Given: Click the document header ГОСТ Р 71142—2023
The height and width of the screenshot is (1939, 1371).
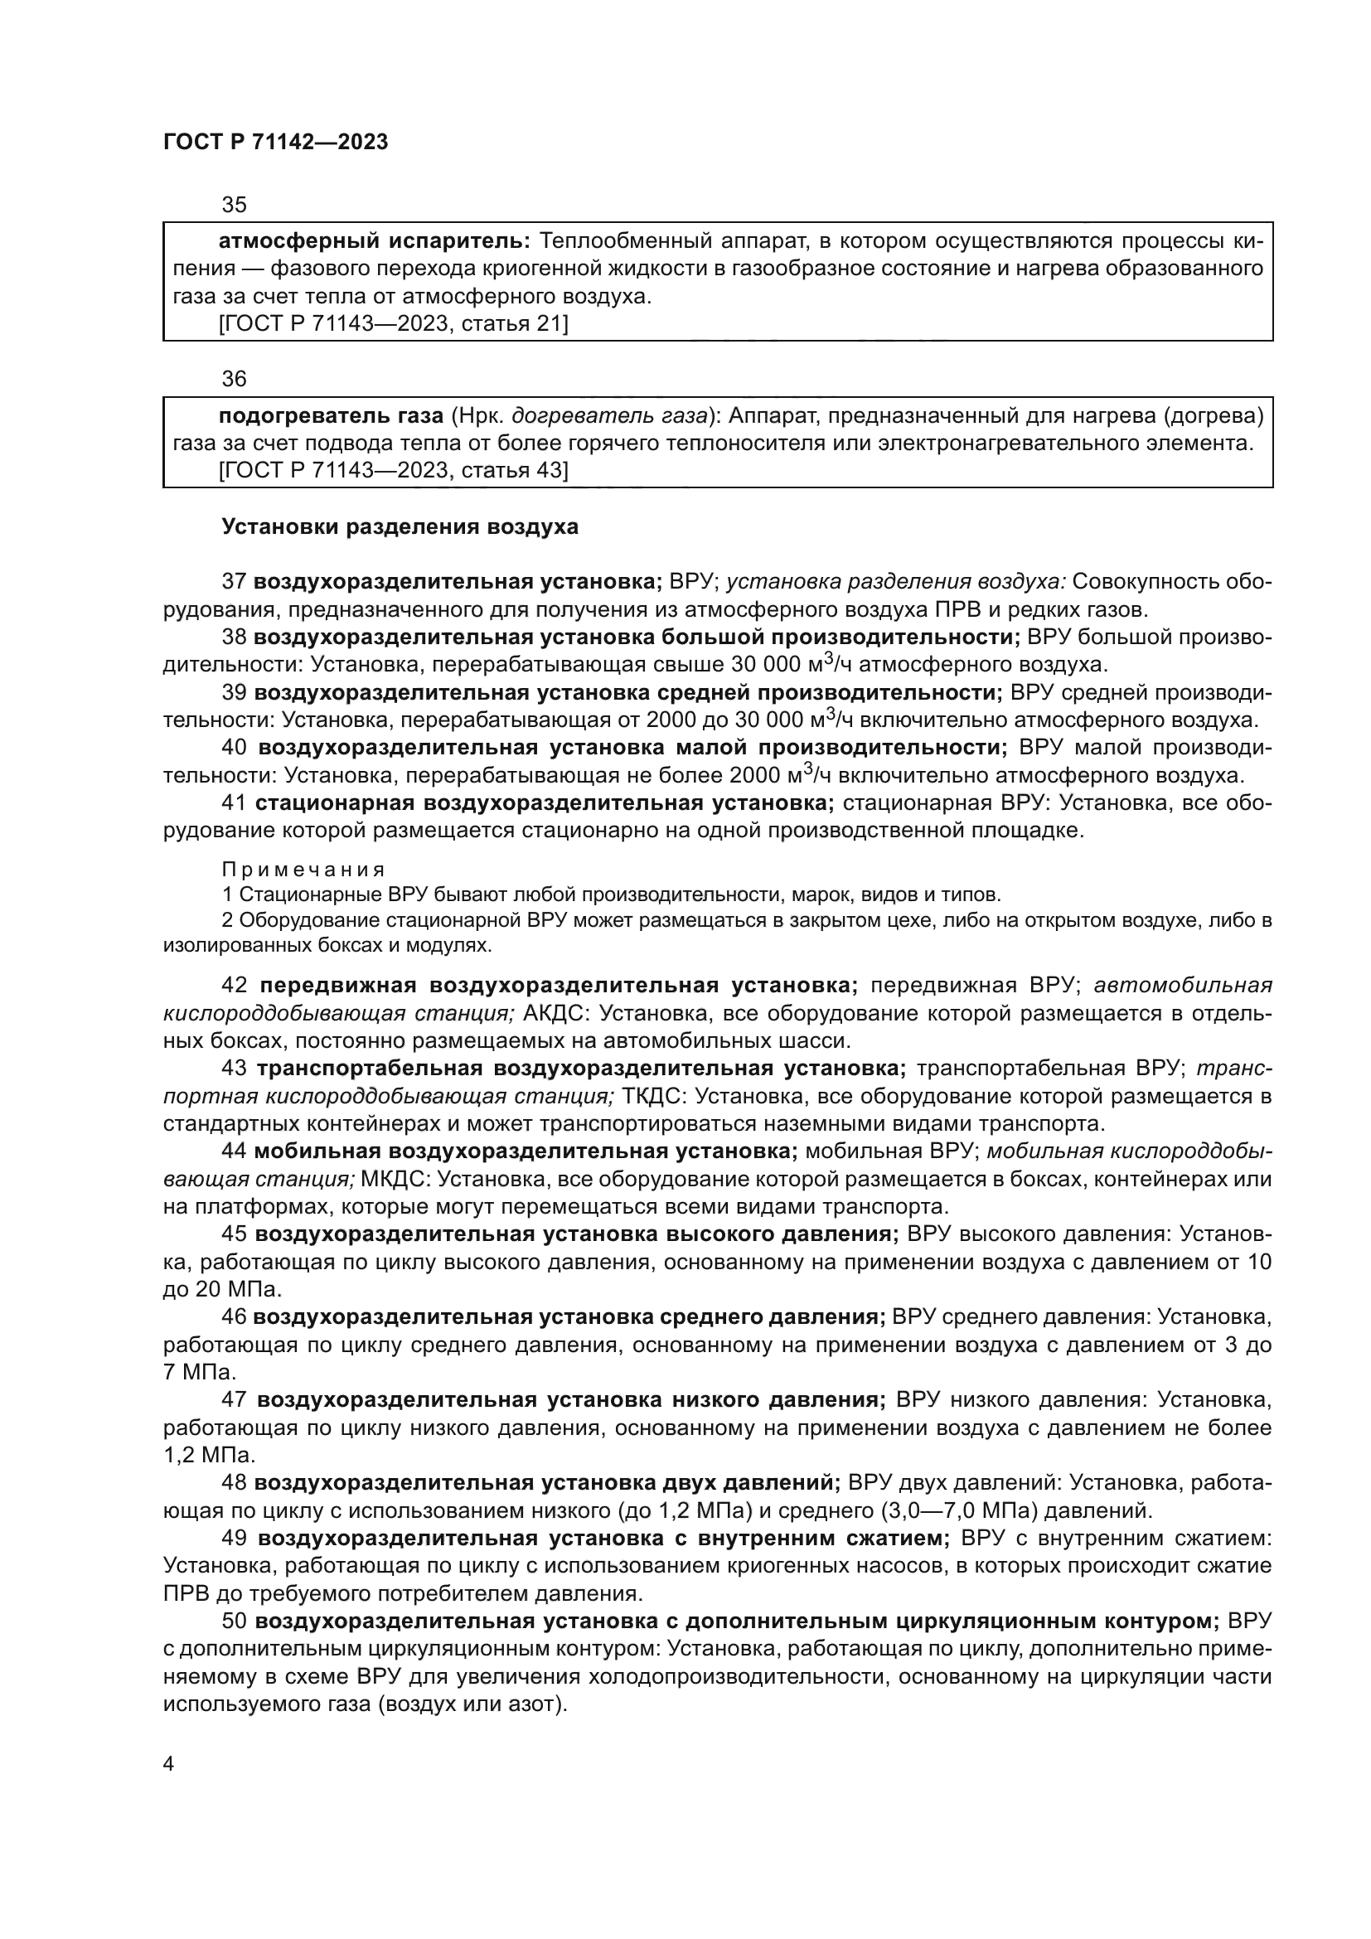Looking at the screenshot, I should tap(275, 142).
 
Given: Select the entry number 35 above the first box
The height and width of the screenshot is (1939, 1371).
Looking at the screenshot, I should tap(234, 205).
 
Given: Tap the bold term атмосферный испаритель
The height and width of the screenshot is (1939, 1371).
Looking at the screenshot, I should tap(374, 241).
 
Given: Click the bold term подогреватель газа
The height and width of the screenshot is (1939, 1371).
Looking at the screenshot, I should tap(331, 415).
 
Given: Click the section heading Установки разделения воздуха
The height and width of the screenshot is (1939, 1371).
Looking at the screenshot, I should tap(400, 527).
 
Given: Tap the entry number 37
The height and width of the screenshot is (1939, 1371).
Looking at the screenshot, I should tap(234, 581).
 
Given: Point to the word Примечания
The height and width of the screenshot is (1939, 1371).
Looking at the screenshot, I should tap(303, 870).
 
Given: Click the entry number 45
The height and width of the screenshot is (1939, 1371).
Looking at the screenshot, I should tap(234, 1234).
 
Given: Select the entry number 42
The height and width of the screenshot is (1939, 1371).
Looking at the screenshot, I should tap(234, 986).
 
